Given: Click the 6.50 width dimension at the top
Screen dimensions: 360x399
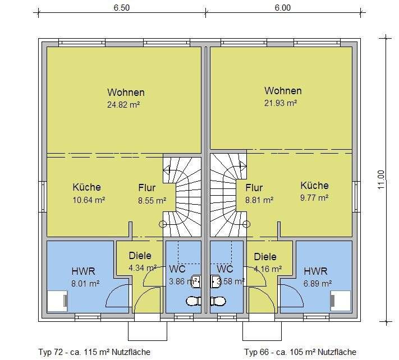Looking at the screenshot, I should pyautogui.click(x=121, y=7).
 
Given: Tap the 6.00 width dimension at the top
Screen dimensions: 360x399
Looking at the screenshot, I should pyautogui.click(x=283, y=7).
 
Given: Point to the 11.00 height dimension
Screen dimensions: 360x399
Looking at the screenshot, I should pyautogui.click(x=382, y=179).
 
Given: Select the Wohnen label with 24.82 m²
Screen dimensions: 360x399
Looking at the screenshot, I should pyautogui.click(x=126, y=93).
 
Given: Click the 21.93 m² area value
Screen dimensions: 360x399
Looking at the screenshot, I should pyautogui.click(x=281, y=103).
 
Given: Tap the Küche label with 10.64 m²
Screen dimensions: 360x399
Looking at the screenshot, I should pyautogui.click(x=86, y=187).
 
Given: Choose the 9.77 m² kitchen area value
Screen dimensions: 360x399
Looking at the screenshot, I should pyautogui.click(x=314, y=197).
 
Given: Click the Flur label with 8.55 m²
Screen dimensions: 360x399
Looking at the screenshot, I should pyautogui.click(x=147, y=188).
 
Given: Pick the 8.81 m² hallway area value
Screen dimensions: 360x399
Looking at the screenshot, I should pyautogui.click(x=259, y=199).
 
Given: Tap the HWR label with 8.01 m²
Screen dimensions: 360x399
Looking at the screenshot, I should pyautogui.click(x=83, y=271).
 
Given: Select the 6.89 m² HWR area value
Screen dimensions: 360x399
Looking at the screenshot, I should pyautogui.click(x=318, y=283).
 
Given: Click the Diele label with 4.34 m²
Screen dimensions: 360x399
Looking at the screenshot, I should pyautogui.click(x=140, y=255).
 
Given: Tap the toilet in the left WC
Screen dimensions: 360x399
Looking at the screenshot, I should pyautogui.click(x=194, y=301).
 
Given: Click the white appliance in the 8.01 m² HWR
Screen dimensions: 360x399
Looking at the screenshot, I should pyautogui.click(x=57, y=301).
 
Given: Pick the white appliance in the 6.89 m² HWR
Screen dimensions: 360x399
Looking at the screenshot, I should pyautogui.click(x=340, y=301).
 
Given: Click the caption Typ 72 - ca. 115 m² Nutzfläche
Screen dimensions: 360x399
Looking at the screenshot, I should pyautogui.click(x=94, y=352).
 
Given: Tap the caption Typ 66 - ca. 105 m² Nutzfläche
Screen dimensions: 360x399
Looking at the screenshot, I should pyautogui.click(x=300, y=352).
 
